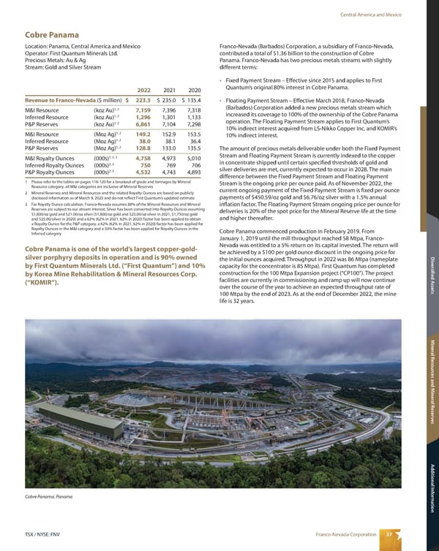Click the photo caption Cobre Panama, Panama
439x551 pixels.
(49, 497)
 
